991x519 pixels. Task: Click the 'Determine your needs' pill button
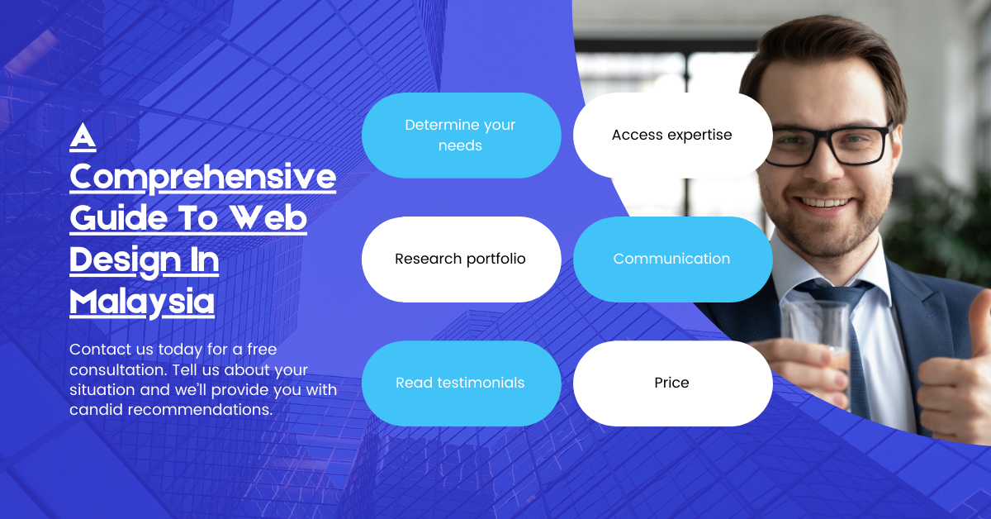(x=461, y=136)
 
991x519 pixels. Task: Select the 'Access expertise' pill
(x=672, y=136)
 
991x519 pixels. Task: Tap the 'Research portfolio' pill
(x=461, y=259)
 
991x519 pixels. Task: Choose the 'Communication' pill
(x=672, y=259)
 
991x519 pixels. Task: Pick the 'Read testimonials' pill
(x=461, y=383)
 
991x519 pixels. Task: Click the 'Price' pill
(x=672, y=383)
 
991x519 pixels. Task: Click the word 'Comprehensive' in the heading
(x=202, y=177)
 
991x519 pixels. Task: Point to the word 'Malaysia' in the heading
(x=141, y=302)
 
